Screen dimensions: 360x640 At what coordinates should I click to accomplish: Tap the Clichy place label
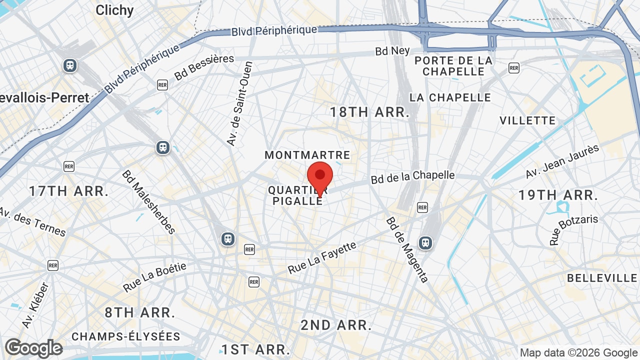(x=114, y=10)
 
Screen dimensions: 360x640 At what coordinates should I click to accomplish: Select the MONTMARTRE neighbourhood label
(x=307, y=155)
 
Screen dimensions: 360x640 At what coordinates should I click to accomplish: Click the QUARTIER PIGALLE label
(x=298, y=195)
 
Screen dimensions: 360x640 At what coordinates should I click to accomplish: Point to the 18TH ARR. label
(x=369, y=112)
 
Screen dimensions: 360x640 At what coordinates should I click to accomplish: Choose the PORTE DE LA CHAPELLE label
(x=453, y=66)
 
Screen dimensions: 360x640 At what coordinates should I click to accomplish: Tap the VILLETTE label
(x=527, y=120)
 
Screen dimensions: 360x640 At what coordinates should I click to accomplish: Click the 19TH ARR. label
(x=558, y=195)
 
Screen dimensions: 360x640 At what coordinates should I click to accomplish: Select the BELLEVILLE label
(x=602, y=278)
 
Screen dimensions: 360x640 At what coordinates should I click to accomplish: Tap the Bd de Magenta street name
(x=407, y=249)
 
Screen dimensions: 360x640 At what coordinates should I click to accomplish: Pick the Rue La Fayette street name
(x=322, y=257)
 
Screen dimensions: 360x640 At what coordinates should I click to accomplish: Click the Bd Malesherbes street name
(x=148, y=202)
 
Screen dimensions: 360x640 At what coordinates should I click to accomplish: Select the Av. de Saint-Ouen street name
(x=239, y=103)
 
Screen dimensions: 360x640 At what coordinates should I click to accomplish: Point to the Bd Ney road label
(x=392, y=51)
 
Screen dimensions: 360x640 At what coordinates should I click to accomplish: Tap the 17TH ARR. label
(x=68, y=191)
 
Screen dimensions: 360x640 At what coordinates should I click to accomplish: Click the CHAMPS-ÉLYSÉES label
(x=125, y=336)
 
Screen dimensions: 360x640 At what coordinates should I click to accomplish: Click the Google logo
(x=33, y=348)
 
